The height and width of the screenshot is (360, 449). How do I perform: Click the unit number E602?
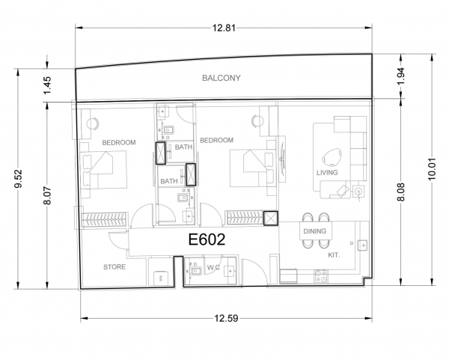click(207, 240)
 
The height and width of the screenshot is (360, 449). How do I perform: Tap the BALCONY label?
click(221, 78)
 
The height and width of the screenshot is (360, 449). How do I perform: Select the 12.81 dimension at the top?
click(224, 28)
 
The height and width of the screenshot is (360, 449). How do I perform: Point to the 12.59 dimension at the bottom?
click(226, 318)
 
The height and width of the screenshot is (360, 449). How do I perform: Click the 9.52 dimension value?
click(19, 179)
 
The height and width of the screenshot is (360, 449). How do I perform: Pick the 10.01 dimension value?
click(432, 169)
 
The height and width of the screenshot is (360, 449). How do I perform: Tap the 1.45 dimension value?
click(48, 85)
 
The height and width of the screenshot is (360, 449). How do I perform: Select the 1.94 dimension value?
click(401, 76)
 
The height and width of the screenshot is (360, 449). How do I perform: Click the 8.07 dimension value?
click(48, 195)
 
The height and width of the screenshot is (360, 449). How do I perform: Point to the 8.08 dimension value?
click(401, 192)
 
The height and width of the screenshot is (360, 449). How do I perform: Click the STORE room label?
click(114, 267)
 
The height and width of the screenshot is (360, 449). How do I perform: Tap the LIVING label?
click(327, 172)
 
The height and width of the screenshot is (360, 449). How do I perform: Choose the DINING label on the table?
click(315, 231)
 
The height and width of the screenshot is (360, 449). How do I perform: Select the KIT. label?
click(334, 255)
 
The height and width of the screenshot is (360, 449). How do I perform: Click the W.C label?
click(213, 267)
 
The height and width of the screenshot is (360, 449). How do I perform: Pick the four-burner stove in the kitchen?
click(321, 276)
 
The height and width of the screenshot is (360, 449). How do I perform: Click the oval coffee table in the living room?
click(332, 157)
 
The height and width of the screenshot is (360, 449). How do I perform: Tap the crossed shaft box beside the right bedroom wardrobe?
click(271, 219)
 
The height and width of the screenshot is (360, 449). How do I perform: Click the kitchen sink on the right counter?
click(362, 245)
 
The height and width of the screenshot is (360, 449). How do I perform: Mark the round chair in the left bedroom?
click(93, 123)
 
